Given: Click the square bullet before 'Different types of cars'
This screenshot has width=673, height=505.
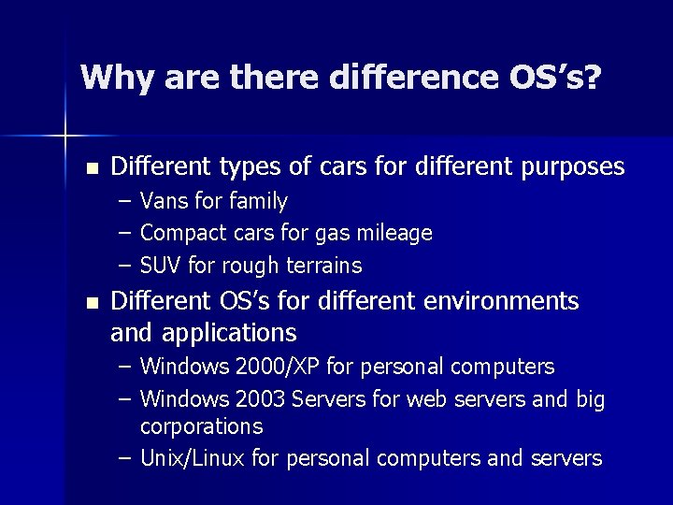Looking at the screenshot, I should click(x=91, y=169).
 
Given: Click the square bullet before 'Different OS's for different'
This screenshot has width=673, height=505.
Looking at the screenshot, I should click(x=91, y=303).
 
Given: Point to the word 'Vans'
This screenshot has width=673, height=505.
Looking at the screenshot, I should click(x=162, y=201).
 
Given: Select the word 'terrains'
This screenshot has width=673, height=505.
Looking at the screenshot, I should click(x=323, y=266).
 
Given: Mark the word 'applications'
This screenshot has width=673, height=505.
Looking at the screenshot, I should click(x=229, y=332).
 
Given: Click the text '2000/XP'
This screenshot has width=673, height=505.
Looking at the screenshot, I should click(x=271, y=366).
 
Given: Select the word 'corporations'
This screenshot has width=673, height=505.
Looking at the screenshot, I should click(x=201, y=426).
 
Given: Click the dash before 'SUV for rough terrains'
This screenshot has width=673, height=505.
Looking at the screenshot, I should click(x=125, y=266).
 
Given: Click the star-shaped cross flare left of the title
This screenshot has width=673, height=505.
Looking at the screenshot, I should click(x=65, y=137).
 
